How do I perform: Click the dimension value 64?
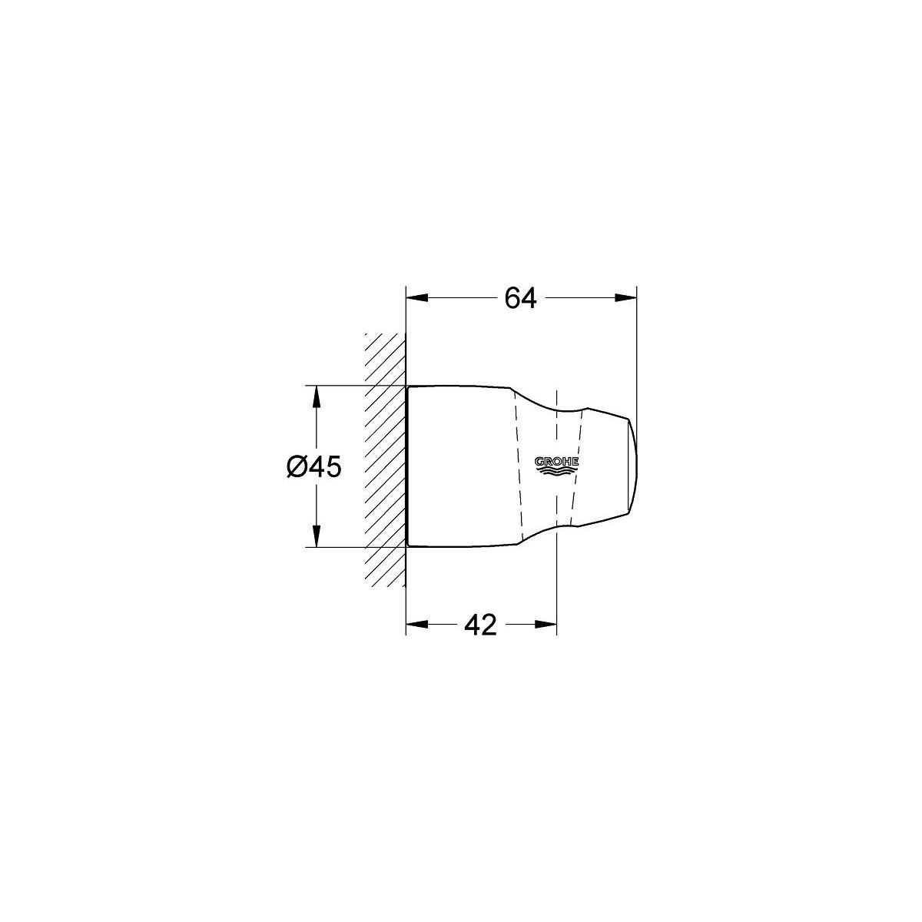coord(520,298)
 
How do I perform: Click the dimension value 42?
coord(480,625)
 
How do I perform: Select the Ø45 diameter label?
coord(314,466)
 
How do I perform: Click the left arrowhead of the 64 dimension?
coord(416,298)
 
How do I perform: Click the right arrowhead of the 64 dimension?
coord(626,298)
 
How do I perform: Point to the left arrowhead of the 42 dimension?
coord(416,625)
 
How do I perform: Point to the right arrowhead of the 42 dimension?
coord(546,625)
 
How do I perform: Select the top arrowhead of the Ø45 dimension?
coord(317,396)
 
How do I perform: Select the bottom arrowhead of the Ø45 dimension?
coord(317,536)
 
